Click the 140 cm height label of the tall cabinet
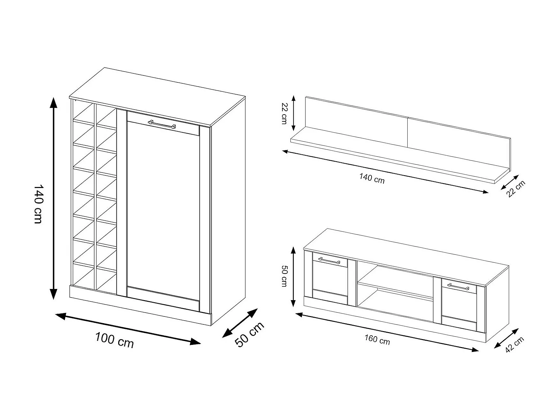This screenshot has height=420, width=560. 38,204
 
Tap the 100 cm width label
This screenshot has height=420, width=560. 115,340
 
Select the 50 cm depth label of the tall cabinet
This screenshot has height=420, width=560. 249,334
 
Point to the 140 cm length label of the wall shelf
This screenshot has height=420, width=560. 372,178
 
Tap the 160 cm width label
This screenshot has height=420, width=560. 377,339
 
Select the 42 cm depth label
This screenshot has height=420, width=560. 515,345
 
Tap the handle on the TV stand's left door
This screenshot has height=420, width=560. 329,261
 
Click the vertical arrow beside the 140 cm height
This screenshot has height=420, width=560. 54,198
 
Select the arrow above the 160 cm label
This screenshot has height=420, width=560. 387,332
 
